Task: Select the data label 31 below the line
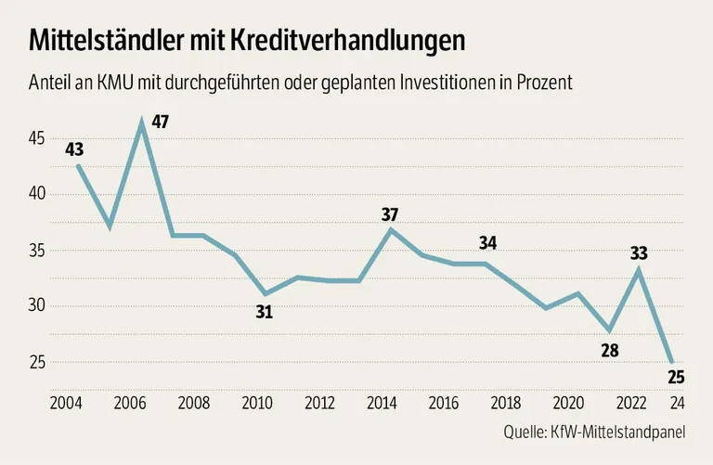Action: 264,313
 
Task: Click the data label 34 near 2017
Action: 489,243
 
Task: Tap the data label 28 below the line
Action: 609,351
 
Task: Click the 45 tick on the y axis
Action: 36,139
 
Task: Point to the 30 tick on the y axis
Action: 36,306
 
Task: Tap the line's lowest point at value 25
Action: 671,362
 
